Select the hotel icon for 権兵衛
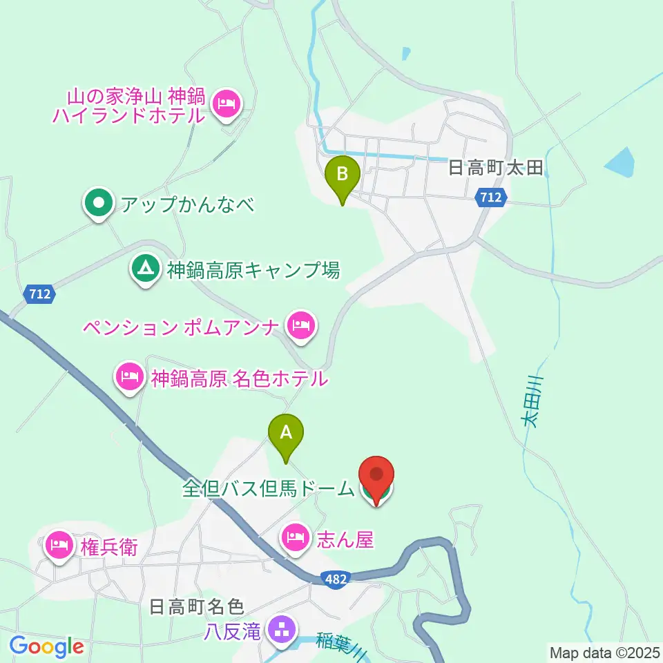[x=59, y=544]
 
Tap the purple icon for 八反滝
[x=281, y=630]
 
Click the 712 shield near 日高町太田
[x=492, y=198]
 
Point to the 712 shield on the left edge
[x=39, y=294]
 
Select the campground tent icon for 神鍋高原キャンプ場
[x=144, y=268]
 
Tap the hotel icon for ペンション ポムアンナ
[x=301, y=323]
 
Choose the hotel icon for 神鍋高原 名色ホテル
[x=131, y=376]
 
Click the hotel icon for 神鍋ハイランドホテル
[x=227, y=104]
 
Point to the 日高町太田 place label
[x=497, y=167]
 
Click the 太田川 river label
[x=533, y=401]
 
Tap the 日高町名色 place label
[x=197, y=607]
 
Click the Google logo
[x=46, y=646]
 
